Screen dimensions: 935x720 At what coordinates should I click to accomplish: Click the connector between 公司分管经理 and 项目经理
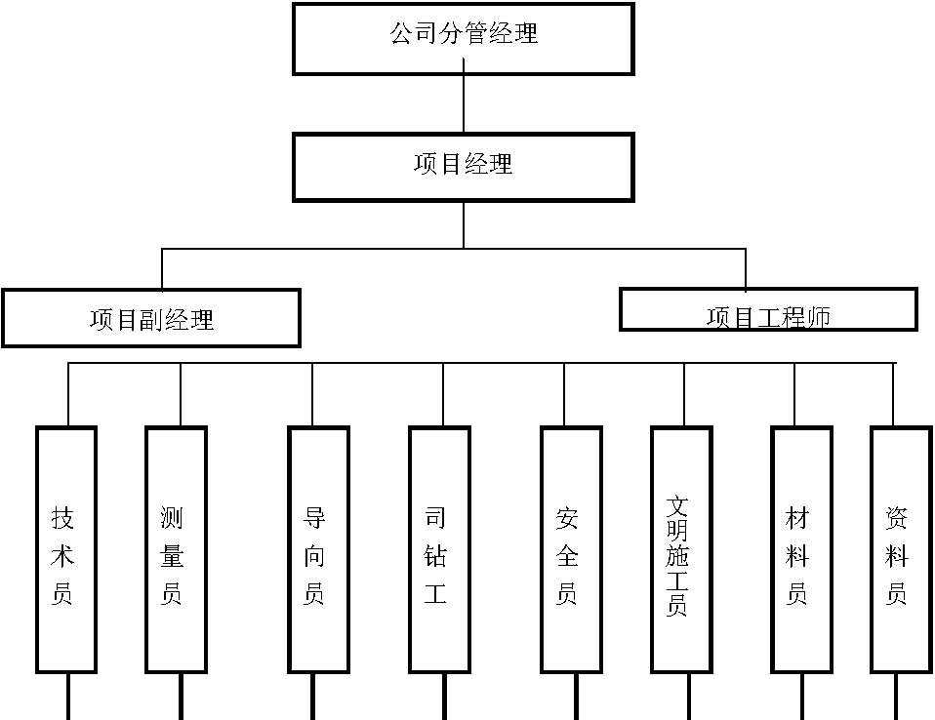click(x=464, y=104)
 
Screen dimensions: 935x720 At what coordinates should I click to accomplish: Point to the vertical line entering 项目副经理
click(x=162, y=269)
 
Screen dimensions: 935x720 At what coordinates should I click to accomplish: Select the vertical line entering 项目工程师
click(x=746, y=269)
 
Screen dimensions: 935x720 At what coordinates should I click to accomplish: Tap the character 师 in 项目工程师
click(x=818, y=317)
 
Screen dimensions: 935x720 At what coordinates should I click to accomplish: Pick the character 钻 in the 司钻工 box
click(x=434, y=555)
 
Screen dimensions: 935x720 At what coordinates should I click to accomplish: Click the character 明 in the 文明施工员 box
click(x=676, y=531)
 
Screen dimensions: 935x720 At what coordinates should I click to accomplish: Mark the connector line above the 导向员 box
click(x=312, y=394)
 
